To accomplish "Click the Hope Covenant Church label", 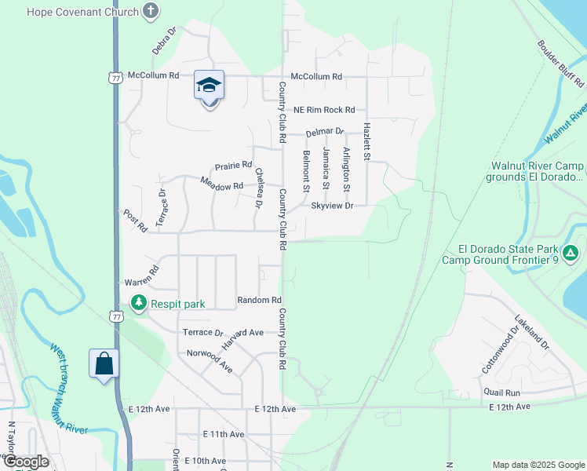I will (x=82, y=12).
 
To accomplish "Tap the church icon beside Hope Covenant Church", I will (x=151, y=12).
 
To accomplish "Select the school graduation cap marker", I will (x=210, y=86).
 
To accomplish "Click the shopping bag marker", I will (x=104, y=363).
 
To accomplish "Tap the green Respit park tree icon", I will (x=139, y=302).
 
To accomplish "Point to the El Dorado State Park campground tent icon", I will (x=571, y=254).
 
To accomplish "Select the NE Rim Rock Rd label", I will (x=324, y=110).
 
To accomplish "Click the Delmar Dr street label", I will (x=325, y=132).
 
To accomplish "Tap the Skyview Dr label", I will (x=333, y=205).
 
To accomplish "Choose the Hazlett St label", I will (x=366, y=142).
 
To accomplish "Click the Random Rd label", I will (x=259, y=300).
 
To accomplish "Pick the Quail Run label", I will (x=502, y=392).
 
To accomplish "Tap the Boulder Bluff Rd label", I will (x=560, y=62).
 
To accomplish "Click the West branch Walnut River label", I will (x=68, y=389).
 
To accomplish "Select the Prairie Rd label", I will (x=234, y=166).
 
